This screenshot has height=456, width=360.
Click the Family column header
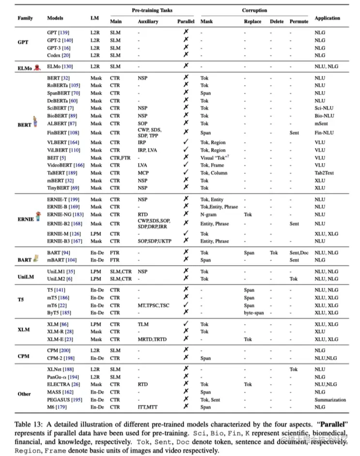click(x=25, y=18)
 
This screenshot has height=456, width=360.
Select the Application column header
click(x=327, y=18)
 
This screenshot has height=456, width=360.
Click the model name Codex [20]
click(x=59, y=55)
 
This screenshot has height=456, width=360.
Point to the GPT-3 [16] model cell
click(x=59, y=48)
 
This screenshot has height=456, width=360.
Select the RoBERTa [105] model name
click(x=62, y=85)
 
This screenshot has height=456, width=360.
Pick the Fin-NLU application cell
click(x=324, y=133)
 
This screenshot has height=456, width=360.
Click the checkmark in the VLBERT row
click(x=186, y=142)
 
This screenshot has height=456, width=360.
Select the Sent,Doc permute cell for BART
click(x=299, y=253)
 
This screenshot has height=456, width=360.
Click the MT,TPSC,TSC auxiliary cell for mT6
click(x=153, y=305)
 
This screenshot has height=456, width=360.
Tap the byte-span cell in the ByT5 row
click(x=254, y=313)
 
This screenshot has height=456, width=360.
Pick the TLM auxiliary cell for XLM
click(x=143, y=324)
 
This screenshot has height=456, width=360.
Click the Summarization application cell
click(x=330, y=400)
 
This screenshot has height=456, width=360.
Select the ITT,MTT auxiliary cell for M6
click(x=148, y=408)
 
